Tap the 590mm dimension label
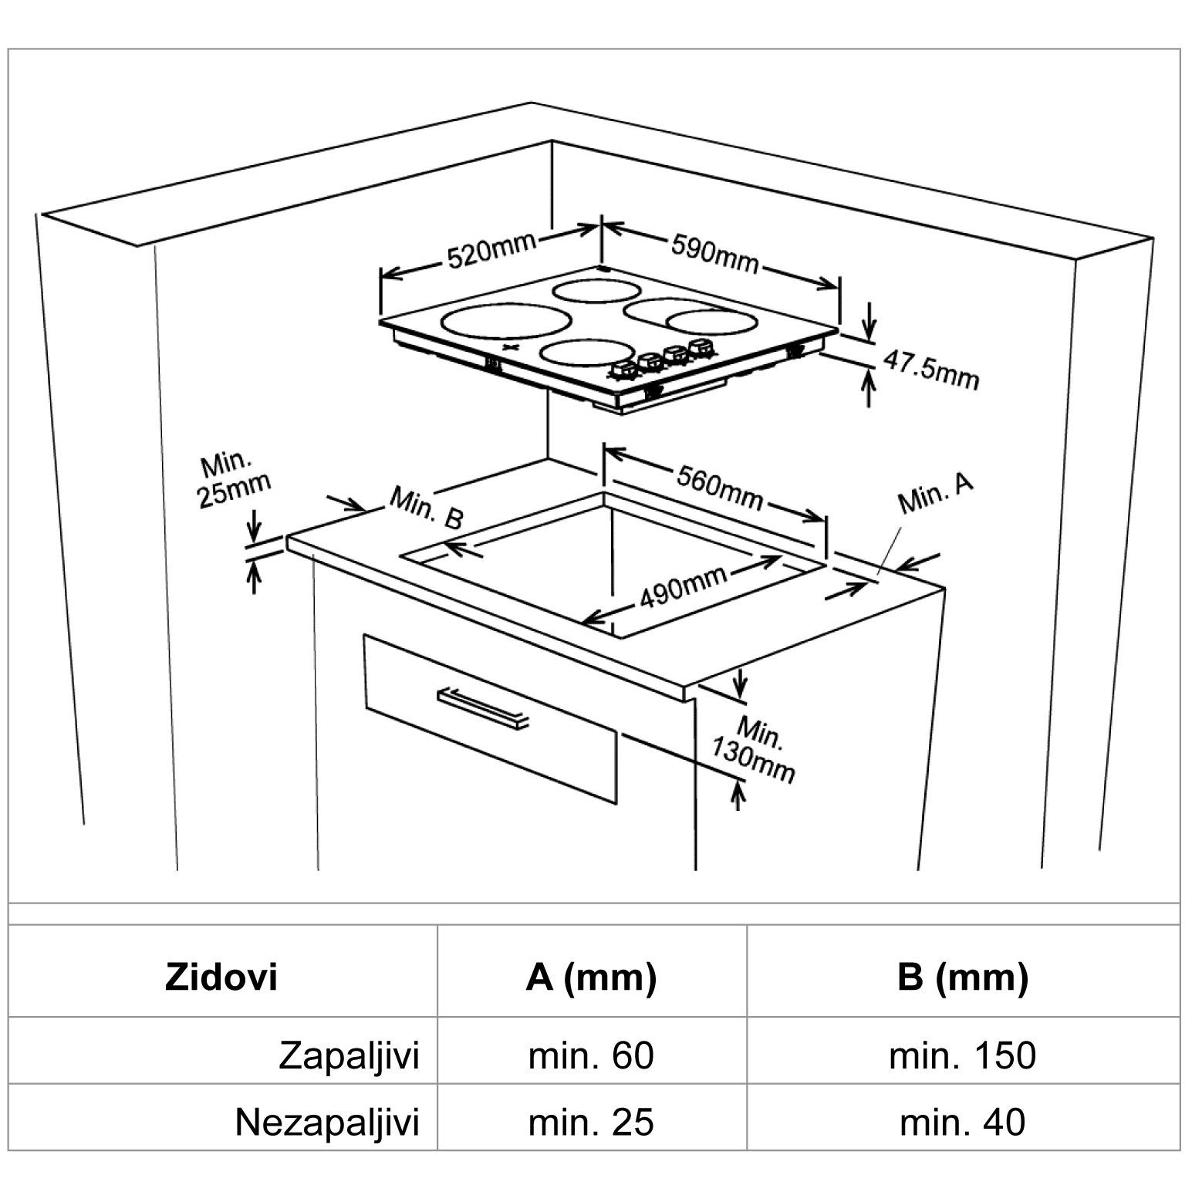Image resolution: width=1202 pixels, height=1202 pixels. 714,253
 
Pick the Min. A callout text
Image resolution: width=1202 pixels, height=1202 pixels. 935,493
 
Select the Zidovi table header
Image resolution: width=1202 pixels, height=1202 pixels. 221,977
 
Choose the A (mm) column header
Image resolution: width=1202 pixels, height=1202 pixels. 591,977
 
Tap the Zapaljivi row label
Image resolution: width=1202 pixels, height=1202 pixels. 349,1055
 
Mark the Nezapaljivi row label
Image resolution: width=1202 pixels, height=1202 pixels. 327,1123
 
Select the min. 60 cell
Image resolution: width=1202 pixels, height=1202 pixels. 591,1055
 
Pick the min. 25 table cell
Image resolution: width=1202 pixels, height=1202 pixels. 591,1123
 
